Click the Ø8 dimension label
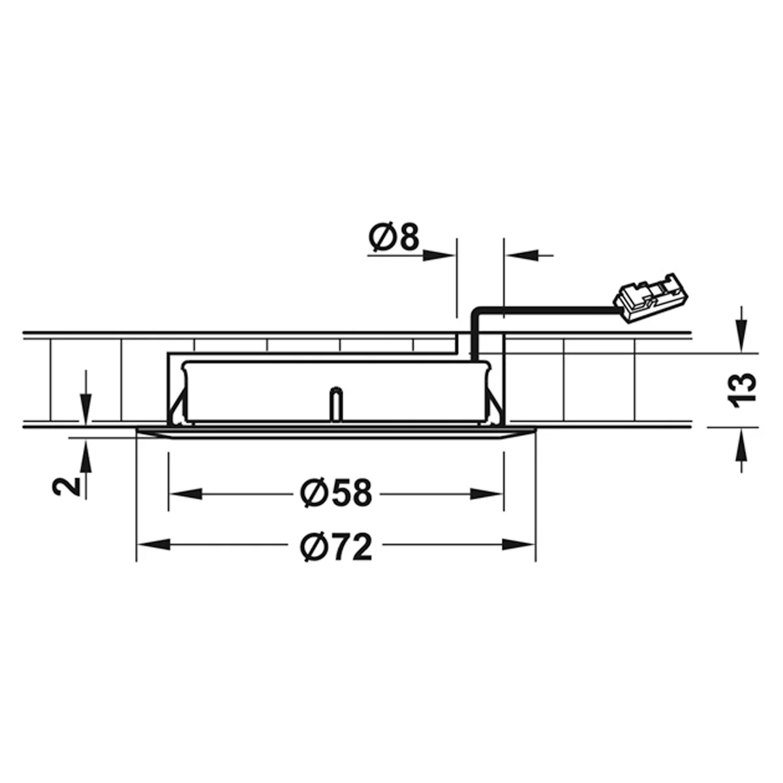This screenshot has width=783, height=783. (393, 237)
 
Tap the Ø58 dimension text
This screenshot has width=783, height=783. (335, 493)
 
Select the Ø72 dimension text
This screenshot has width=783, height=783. (336, 547)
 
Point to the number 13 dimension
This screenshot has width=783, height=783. (743, 390)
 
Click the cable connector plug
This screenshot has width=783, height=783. (651, 298)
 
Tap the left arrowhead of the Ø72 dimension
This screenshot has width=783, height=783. (153, 544)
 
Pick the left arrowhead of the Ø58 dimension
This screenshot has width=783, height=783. (185, 494)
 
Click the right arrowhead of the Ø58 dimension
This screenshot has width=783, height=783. (487, 494)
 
